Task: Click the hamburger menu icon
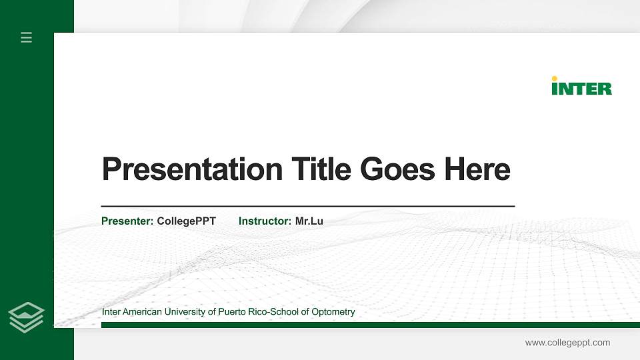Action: pyautogui.click(x=27, y=37)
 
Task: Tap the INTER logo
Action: pyautogui.click(x=581, y=87)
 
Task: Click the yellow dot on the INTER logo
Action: pyautogui.click(x=555, y=79)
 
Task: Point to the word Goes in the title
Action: pyautogui.click(x=397, y=169)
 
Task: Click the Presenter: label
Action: pyautogui.click(x=127, y=221)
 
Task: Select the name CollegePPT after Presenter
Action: pyautogui.click(x=187, y=221)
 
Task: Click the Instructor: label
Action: pyautogui.click(x=265, y=221)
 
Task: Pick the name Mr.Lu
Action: pyautogui.click(x=309, y=221)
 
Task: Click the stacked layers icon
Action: pyautogui.click(x=27, y=317)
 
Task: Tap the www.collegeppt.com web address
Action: pyautogui.click(x=567, y=343)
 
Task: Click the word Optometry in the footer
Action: pyautogui.click(x=333, y=312)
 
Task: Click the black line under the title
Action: pyautogui.click(x=307, y=207)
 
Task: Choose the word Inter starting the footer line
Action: pyautogui.click(x=111, y=312)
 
